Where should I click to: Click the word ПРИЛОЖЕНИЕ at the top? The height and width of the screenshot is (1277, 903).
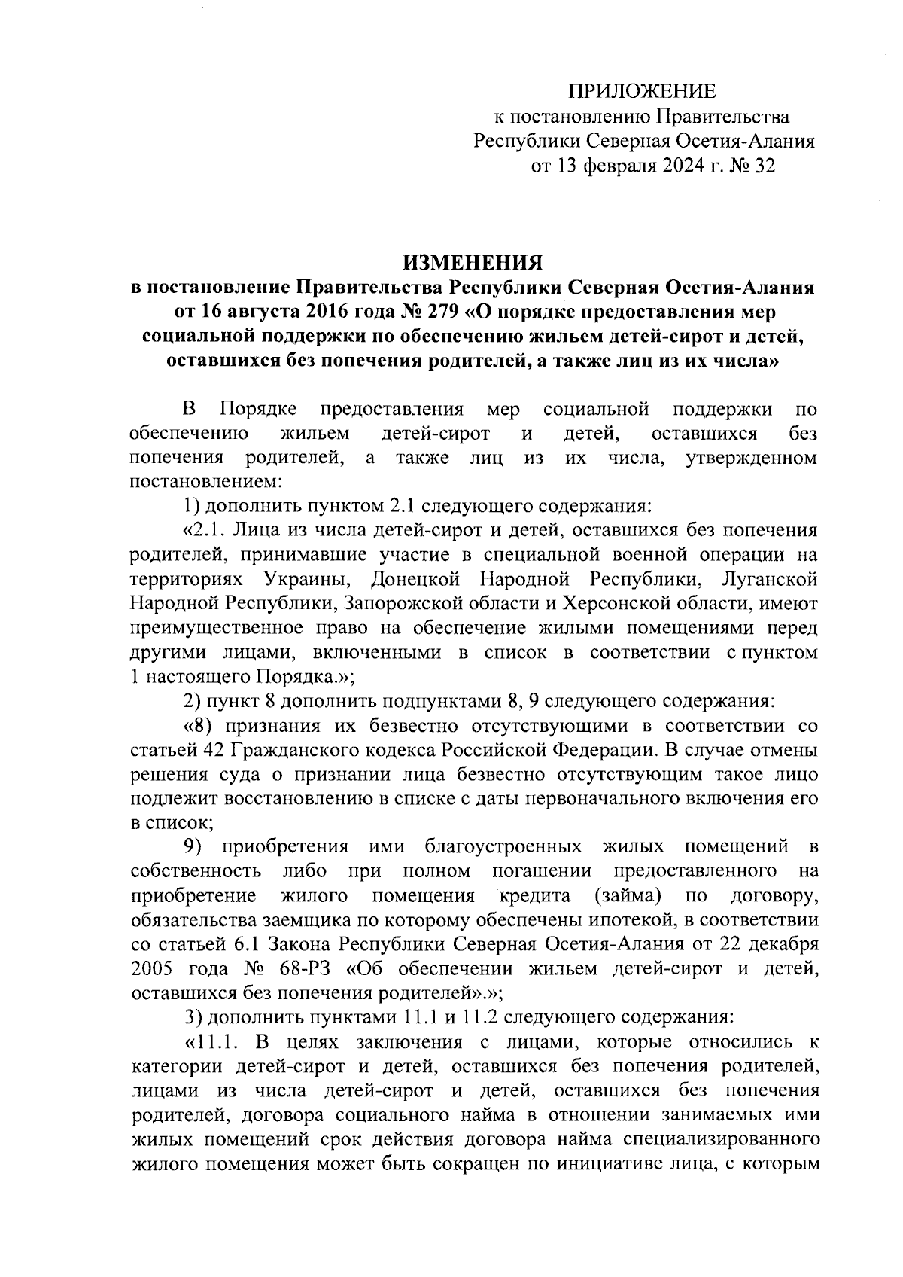(x=642, y=92)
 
